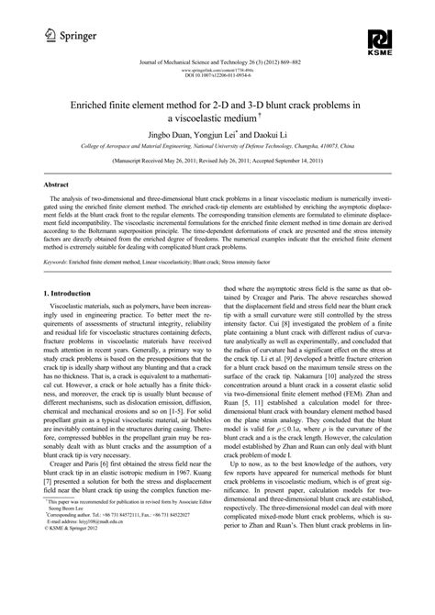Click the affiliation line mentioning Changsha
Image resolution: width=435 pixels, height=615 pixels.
pyautogui.click(x=217, y=158)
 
